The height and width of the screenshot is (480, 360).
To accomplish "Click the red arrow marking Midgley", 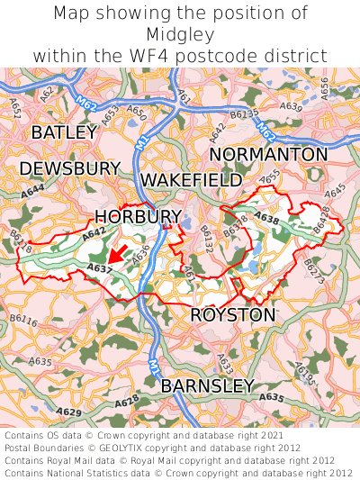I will [116, 255].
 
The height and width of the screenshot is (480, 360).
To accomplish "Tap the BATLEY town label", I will [63, 132].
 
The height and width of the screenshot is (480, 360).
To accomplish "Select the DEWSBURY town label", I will [69, 168].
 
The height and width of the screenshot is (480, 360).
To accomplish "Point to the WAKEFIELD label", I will [191, 179].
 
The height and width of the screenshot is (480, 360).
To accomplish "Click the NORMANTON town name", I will [268, 154].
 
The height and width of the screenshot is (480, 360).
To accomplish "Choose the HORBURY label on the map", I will [138, 216].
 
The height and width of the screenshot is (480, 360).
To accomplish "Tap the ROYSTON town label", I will [232, 315].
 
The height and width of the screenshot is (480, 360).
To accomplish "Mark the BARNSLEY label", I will [207, 385].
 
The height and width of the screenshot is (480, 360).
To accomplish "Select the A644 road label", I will [32, 191].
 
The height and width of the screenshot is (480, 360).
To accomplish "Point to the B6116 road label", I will [23, 321].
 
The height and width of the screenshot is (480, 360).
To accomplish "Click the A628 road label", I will [127, 400].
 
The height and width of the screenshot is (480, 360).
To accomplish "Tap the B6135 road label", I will [244, 113].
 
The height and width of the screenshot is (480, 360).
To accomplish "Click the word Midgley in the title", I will [180, 34].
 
